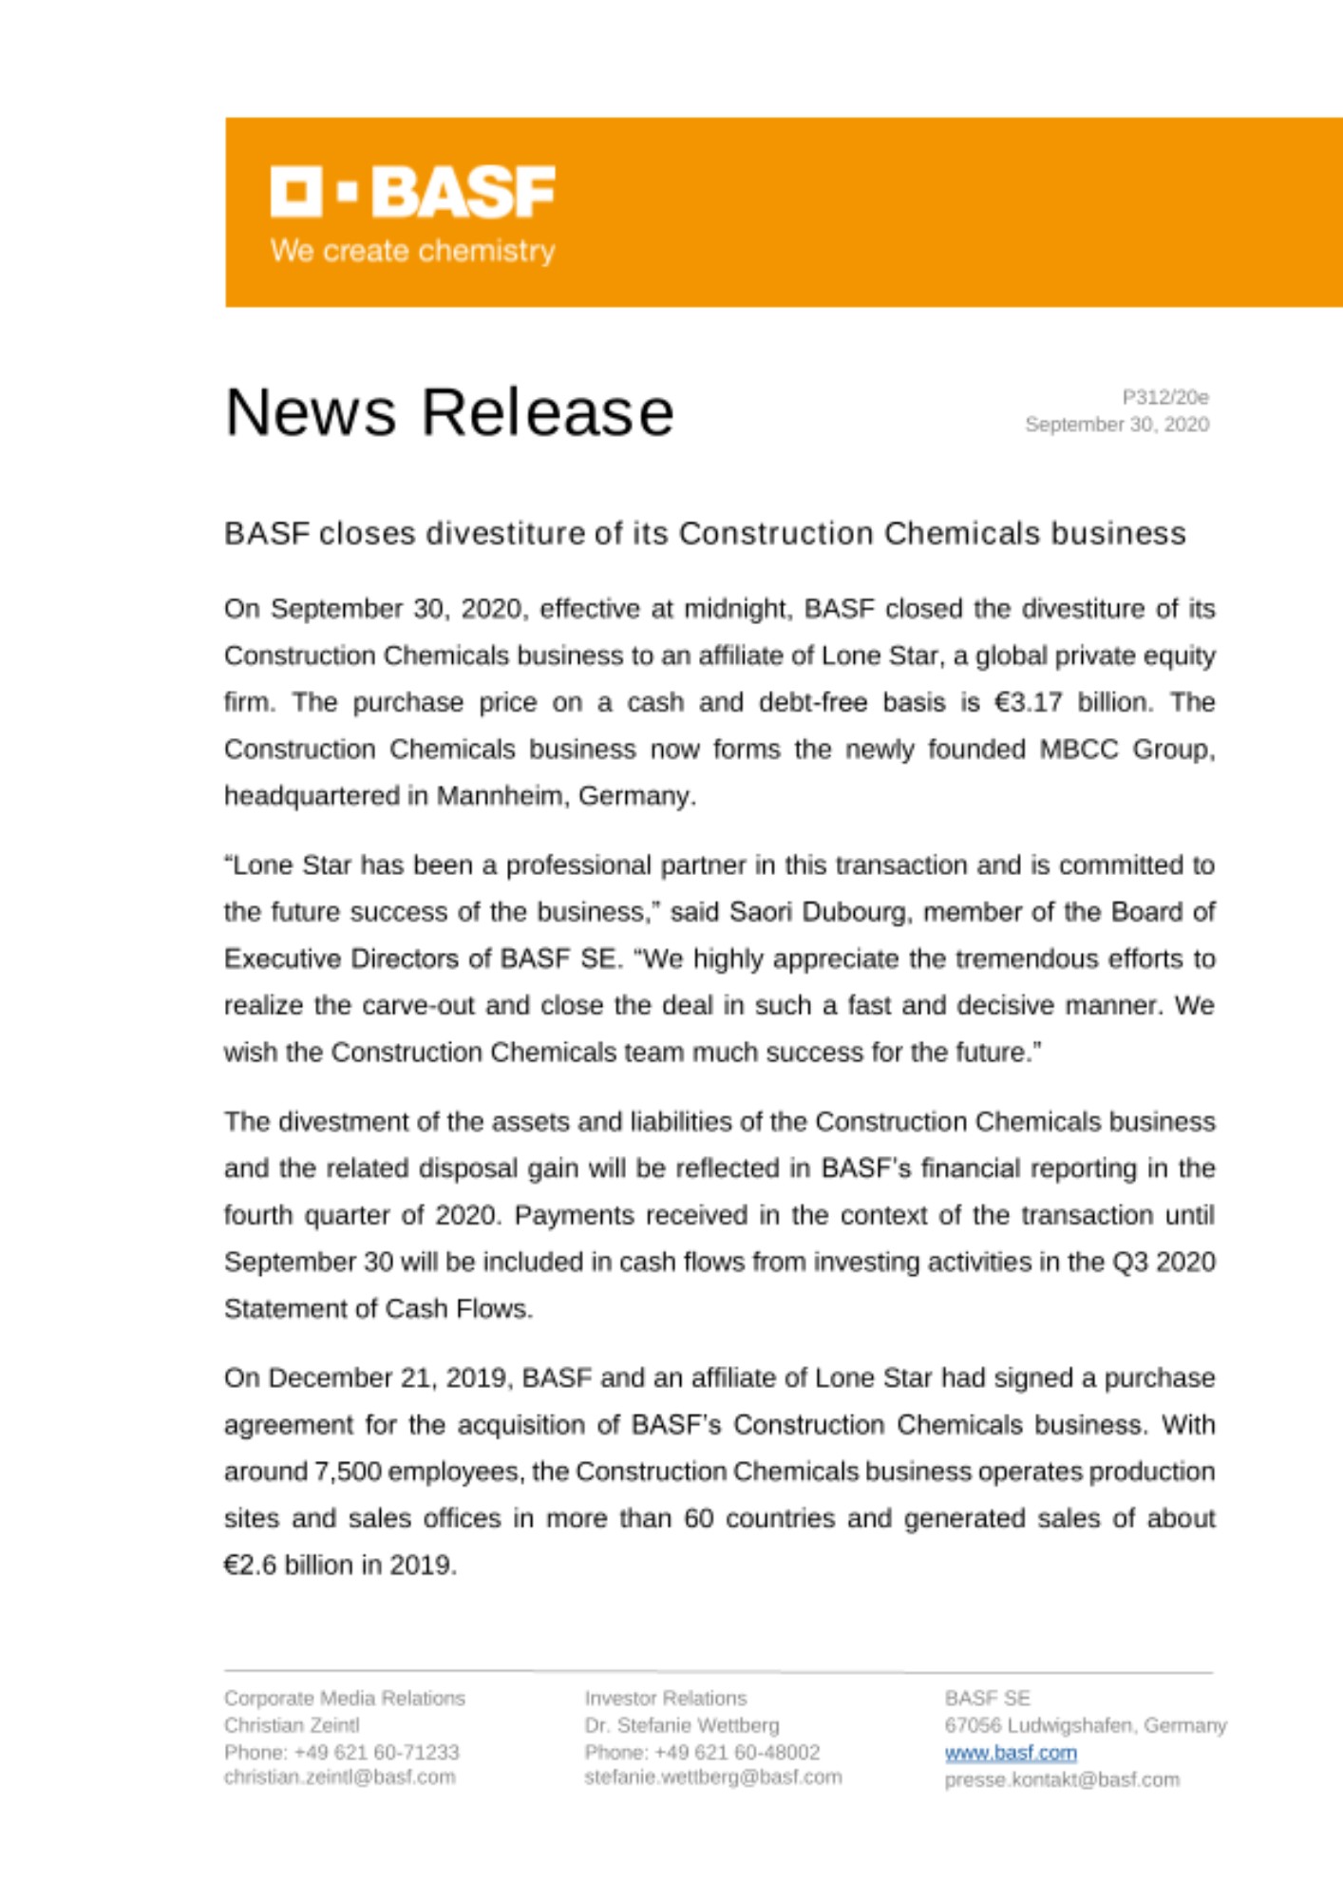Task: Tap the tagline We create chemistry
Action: click(x=412, y=251)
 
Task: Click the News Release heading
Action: click(x=449, y=412)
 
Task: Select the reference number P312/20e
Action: click(x=1164, y=397)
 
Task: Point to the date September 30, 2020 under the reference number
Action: click(x=1116, y=425)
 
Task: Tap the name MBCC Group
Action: click(x=1125, y=750)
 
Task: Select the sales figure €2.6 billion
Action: click(x=299, y=1565)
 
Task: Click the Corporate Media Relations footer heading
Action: click(x=345, y=1698)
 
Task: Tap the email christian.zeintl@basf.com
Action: click(x=339, y=1776)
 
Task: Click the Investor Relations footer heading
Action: click(x=666, y=1698)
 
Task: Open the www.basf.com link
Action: click(x=1011, y=1753)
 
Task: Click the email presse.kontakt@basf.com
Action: click(x=1062, y=1779)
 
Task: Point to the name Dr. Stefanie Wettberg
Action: click(x=682, y=1725)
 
